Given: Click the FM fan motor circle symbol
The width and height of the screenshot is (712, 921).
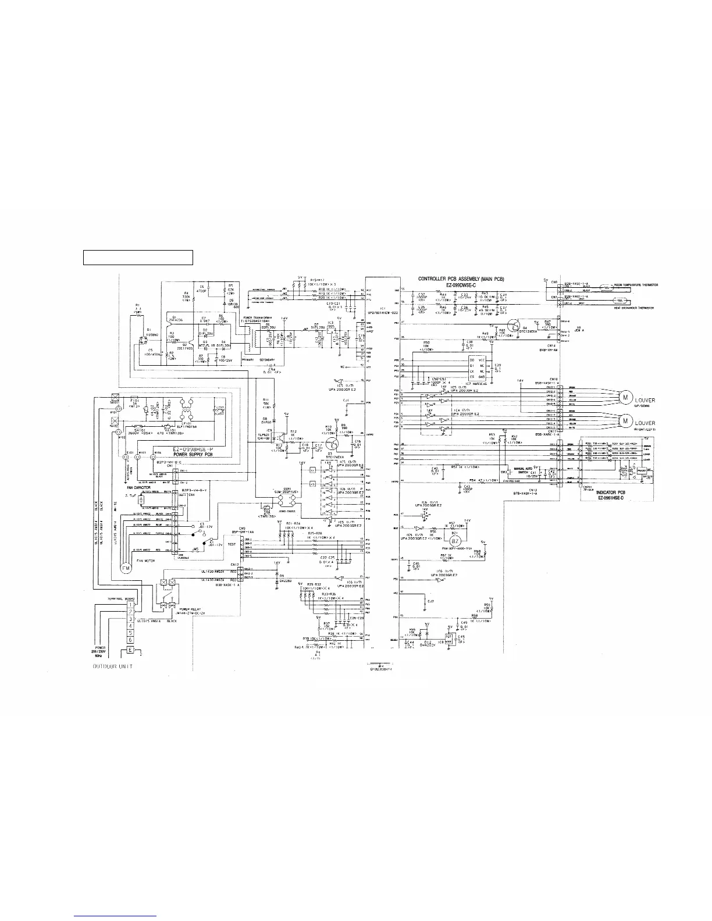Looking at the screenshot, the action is pos(126,566).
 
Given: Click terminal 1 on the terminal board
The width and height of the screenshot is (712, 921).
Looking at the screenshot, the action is pos(130,605).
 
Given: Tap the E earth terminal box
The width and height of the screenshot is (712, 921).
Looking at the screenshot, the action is pos(130,649).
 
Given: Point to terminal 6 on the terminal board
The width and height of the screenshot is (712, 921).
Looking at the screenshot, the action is pos(130,640).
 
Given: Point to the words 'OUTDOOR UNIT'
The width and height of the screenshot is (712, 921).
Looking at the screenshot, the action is pos(112,666).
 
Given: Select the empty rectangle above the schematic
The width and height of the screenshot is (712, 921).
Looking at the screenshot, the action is pos(138,257).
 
